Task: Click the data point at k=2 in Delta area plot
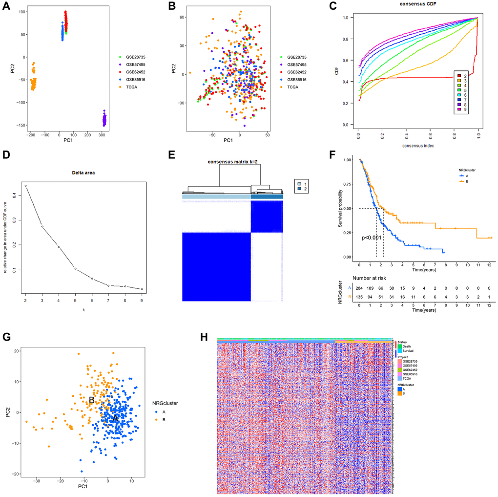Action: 25,186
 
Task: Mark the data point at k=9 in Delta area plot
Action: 142,289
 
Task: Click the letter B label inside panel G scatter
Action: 91,400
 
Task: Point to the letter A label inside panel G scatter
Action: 116,419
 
